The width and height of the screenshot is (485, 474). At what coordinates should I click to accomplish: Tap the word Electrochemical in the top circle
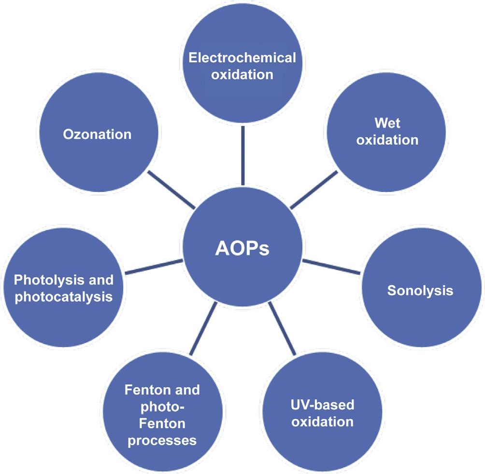click(x=242, y=58)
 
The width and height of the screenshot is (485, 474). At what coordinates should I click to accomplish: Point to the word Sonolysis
click(x=420, y=291)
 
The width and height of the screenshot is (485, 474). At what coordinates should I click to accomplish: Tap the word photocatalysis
click(x=64, y=297)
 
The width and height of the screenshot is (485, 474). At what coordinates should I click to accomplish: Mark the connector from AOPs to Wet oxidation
click(x=314, y=189)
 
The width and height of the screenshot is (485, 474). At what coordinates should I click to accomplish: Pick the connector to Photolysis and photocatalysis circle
click(x=153, y=268)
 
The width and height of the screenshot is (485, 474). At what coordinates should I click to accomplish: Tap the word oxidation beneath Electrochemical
click(x=242, y=75)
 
